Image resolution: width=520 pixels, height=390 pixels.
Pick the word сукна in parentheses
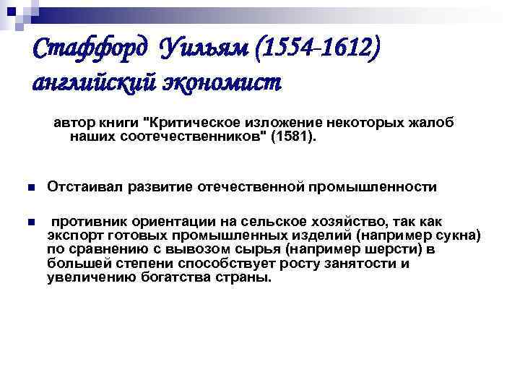459,235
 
